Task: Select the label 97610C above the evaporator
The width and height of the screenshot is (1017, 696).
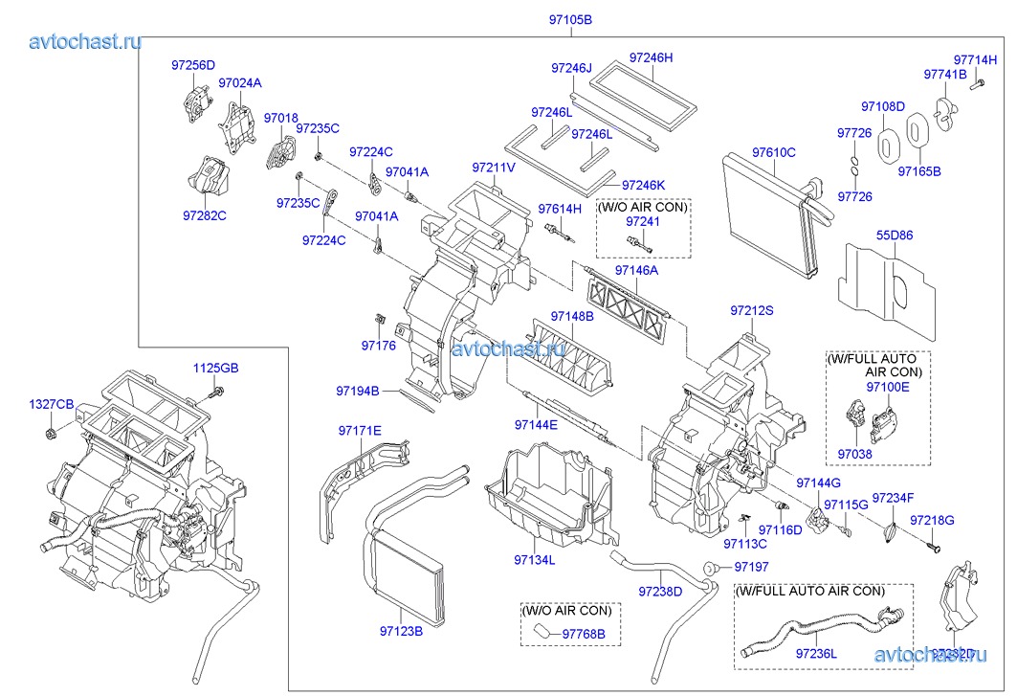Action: pyautogui.click(x=773, y=152)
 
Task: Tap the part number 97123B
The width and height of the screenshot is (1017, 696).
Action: pyautogui.click(x=401, y=631)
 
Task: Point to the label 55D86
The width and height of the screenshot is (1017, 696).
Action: pyautogui.click(x=894, y=235)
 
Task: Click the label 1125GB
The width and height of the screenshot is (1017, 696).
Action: pyautogui.click(x=216, y=368)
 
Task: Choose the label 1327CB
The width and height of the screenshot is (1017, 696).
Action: pyautogui.click(x=50, y=405)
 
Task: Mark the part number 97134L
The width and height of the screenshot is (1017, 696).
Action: pyautogui.click(x=534, y=560)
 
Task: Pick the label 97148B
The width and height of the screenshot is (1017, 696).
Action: pyautogui.click(x=572, y=316)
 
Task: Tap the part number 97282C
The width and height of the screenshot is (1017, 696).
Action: pyautogui.click(x=205, y=215)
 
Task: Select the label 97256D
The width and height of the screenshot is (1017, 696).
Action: pyautogui.click(x=194, y=65)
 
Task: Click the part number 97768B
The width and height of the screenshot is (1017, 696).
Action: pyautogui.click(x=590, y=633)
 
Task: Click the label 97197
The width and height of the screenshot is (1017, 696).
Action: pyautogui.click(x=752, y=568)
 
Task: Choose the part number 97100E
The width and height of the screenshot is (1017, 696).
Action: pyautogui.click(x=888, y=387)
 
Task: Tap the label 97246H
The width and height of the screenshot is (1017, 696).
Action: pyautogui.click(x=652, y=57)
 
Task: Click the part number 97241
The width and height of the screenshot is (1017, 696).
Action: pyautogui.click(x=643, y=221)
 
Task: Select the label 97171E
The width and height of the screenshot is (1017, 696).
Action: pyautogui.click(x=359, y=430)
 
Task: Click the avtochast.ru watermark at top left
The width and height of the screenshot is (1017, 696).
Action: pyautogui.click(x=86, y=41)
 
